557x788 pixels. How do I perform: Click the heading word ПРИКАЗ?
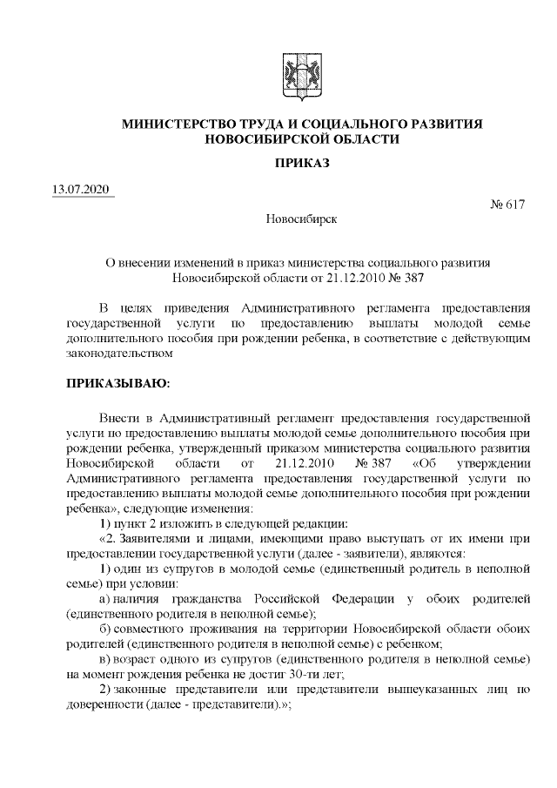[302, 163]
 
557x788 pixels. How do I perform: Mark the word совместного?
[142, 630]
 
